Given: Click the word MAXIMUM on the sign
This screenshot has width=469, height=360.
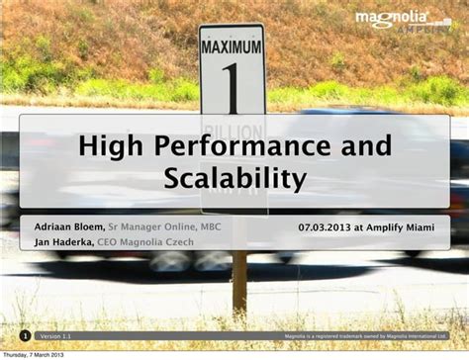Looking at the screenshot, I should coord(232,46).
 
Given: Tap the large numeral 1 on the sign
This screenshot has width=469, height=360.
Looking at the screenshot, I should coord(233,86).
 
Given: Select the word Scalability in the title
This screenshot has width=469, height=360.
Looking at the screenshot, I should coord(234,179).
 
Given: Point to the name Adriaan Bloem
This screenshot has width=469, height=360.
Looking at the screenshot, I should coord(69,226).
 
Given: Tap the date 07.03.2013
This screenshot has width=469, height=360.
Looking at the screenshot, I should coord(326,226).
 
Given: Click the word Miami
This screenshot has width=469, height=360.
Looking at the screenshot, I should coord(425,226).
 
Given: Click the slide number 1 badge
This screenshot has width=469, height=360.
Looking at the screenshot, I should coord(26,336).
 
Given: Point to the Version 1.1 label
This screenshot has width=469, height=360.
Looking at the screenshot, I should coord(55,337).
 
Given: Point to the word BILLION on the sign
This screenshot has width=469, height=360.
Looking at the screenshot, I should coord(233,128).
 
